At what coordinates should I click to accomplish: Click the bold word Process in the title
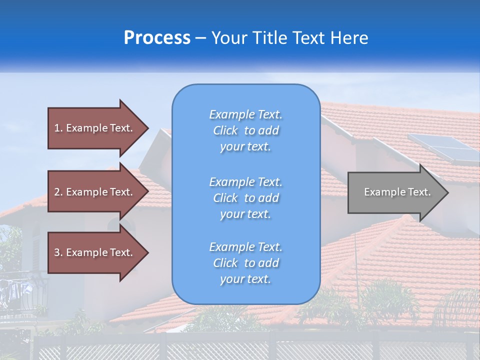click(x=157, y=38)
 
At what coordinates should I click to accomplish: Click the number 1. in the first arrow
click(x=58, y=128)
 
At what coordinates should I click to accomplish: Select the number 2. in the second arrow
click(x=58, y=192)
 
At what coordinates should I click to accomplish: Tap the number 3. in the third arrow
click(x=58, y=252)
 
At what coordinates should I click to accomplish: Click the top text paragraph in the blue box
click(x=245, y=130)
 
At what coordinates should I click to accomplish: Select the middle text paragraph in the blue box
click(x=245, y=198)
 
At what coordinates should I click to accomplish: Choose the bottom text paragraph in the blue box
click(x=245, y=263)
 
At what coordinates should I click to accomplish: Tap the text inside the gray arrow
click(x=397, y=192)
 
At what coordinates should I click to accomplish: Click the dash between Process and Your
click(x=200, y=38)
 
